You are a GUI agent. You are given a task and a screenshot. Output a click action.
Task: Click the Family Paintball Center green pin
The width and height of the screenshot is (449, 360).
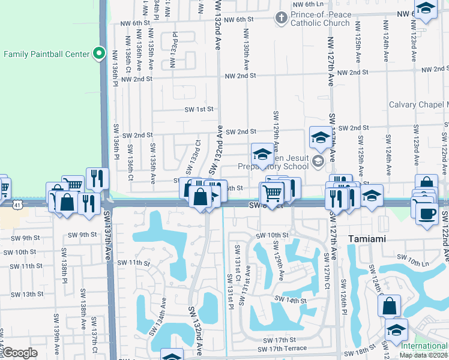tap(100, 54)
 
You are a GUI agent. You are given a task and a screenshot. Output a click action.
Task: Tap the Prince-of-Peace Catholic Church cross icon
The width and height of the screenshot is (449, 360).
tap(280, 17)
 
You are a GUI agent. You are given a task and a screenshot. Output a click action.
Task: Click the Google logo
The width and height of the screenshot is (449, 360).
tap(20, 353)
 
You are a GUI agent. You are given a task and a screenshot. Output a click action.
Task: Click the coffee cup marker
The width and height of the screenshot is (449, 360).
tap(427, 214)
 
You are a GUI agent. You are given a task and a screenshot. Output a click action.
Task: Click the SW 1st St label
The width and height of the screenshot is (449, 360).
tap(199, 109)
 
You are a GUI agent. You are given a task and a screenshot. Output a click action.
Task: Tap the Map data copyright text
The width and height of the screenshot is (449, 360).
tap(423, 355)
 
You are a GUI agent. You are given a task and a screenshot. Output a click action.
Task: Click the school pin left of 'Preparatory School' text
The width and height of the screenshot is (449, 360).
tap(262, 155)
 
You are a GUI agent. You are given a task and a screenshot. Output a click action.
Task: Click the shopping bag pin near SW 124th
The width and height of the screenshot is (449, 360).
tap(389, 305)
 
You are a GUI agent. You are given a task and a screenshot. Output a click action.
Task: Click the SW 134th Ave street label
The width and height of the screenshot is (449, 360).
tap(162, 316)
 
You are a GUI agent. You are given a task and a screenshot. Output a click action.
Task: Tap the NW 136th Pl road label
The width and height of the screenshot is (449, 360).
tap(115, 62)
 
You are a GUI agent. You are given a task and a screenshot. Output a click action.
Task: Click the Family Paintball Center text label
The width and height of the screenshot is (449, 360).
tap(46, 54)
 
